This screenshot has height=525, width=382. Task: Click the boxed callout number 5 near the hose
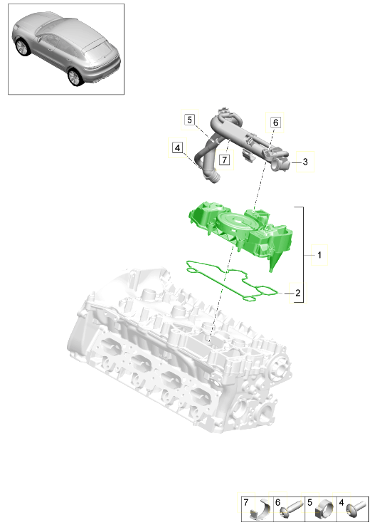189,120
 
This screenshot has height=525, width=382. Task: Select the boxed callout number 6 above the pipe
275,123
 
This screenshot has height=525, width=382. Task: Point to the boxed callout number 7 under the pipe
223,160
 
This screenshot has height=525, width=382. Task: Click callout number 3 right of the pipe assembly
304,162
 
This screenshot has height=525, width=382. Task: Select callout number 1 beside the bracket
320,254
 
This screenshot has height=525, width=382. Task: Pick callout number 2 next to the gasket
298,293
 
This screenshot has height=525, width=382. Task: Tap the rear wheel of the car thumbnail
73,77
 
